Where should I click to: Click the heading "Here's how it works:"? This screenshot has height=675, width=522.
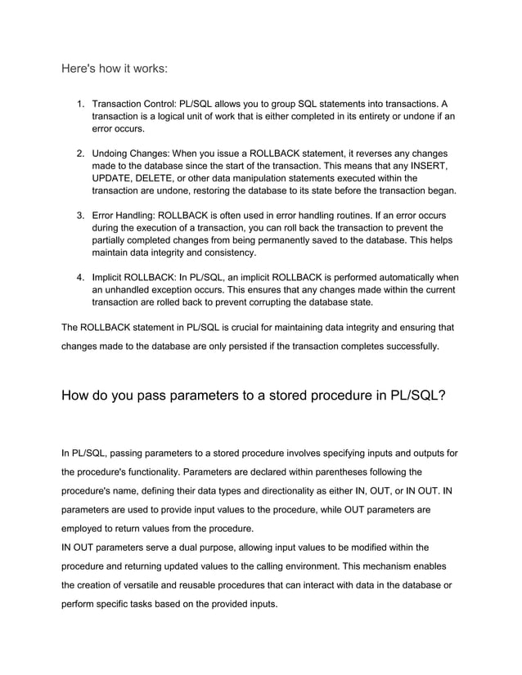[x=115, y=69]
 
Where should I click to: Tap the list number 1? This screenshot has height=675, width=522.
[x=79, y=105]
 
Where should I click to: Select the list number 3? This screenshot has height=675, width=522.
[x=79, y=215]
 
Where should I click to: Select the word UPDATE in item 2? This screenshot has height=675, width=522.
[x=114, y=178]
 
